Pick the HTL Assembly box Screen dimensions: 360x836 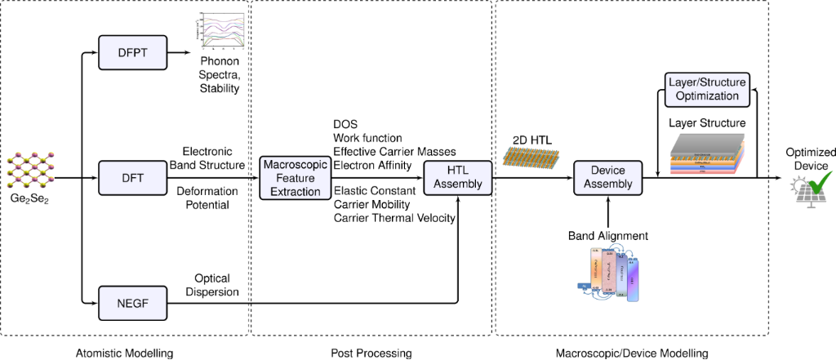tap(457, 177)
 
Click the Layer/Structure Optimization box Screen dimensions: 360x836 tap(704, 90)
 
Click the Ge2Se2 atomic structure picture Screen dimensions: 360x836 tap(31, 167)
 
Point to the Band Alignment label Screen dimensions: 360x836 tap(608, 235)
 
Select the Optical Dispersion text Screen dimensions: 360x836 tap(217, 285)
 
